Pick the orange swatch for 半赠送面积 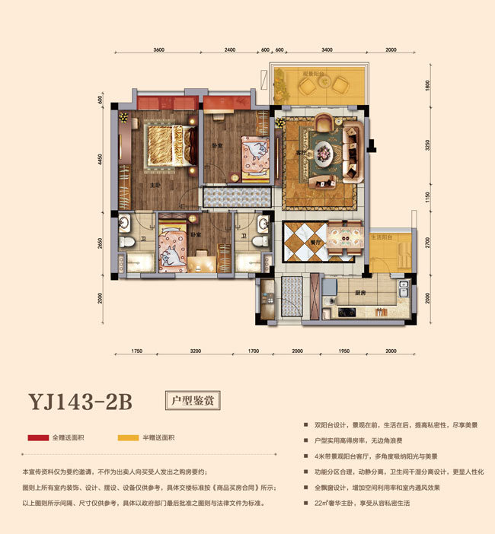[x=128, y=438]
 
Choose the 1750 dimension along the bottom [x=137, y=352]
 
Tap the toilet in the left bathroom [x=126, y=242]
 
